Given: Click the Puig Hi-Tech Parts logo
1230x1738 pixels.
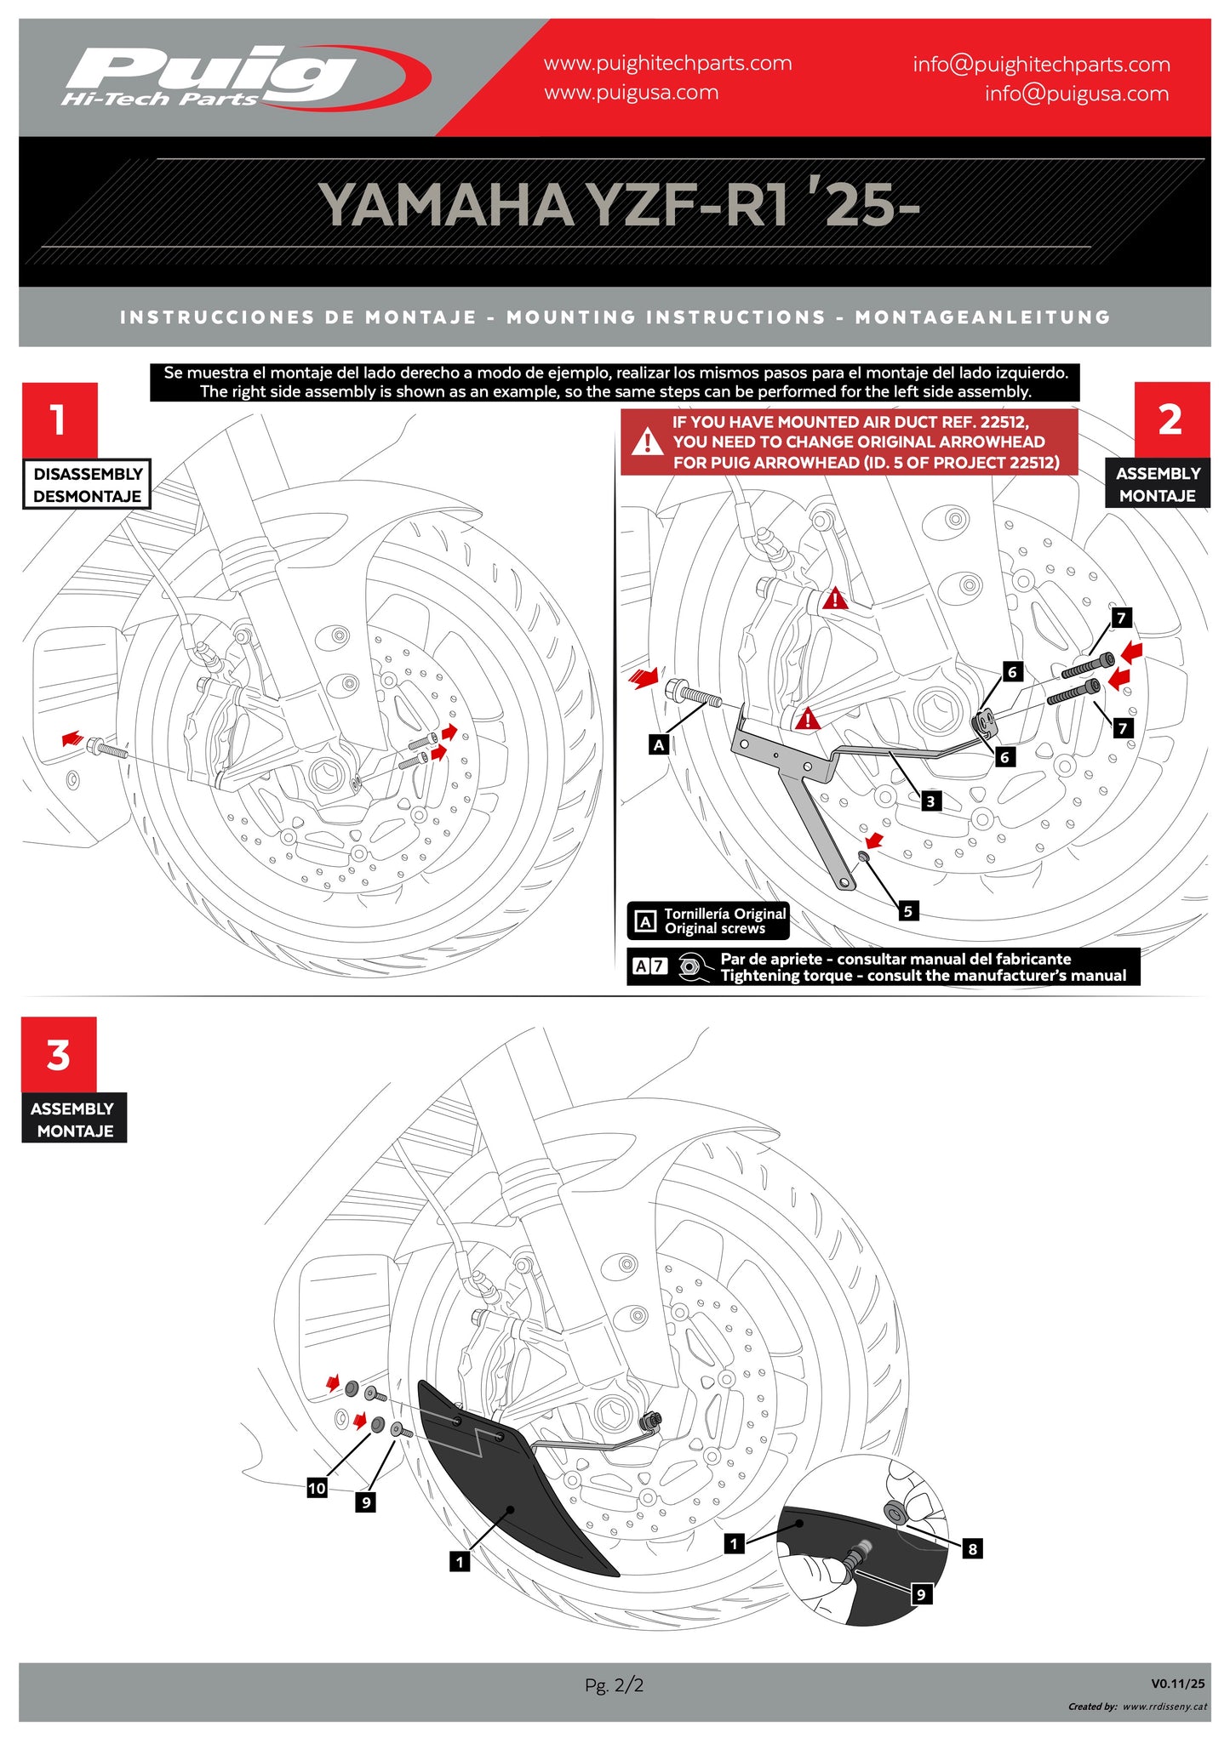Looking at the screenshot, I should click(x=243, y=77).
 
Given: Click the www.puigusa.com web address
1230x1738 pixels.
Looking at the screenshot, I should click(x=631, y=93).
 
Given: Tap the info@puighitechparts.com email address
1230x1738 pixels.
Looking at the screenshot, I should click(x=1041, y=65).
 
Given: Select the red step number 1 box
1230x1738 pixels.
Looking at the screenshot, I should click(x=59, y=419).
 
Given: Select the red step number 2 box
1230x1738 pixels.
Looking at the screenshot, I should click(x=1170, y=419).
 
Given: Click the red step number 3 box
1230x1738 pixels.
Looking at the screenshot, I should click(x=59, y=1055).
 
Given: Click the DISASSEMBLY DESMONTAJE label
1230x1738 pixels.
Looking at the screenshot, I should click(x=87, y=485).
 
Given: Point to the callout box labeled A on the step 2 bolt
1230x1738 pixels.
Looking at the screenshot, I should click(x=658, y=745).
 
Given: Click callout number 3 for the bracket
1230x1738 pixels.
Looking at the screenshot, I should click(x=930, y=801).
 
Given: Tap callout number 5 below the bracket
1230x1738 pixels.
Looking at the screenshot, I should click(x=907, y=911).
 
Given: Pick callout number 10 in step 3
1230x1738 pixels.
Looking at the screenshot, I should click(x=317, y=1488).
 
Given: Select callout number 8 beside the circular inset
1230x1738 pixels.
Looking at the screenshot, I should click(x=972, y=1549).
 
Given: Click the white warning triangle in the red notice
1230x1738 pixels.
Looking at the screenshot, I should click(x=648, y=442).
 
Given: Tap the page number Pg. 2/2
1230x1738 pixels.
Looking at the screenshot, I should click(x=614, y=1684).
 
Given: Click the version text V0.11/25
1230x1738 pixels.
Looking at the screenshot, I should click(x=1177, y=1684).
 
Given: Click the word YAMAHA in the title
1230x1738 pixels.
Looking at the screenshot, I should click(x=446, y=205).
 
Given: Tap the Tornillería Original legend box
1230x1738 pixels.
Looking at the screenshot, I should click(x=708, y=921).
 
